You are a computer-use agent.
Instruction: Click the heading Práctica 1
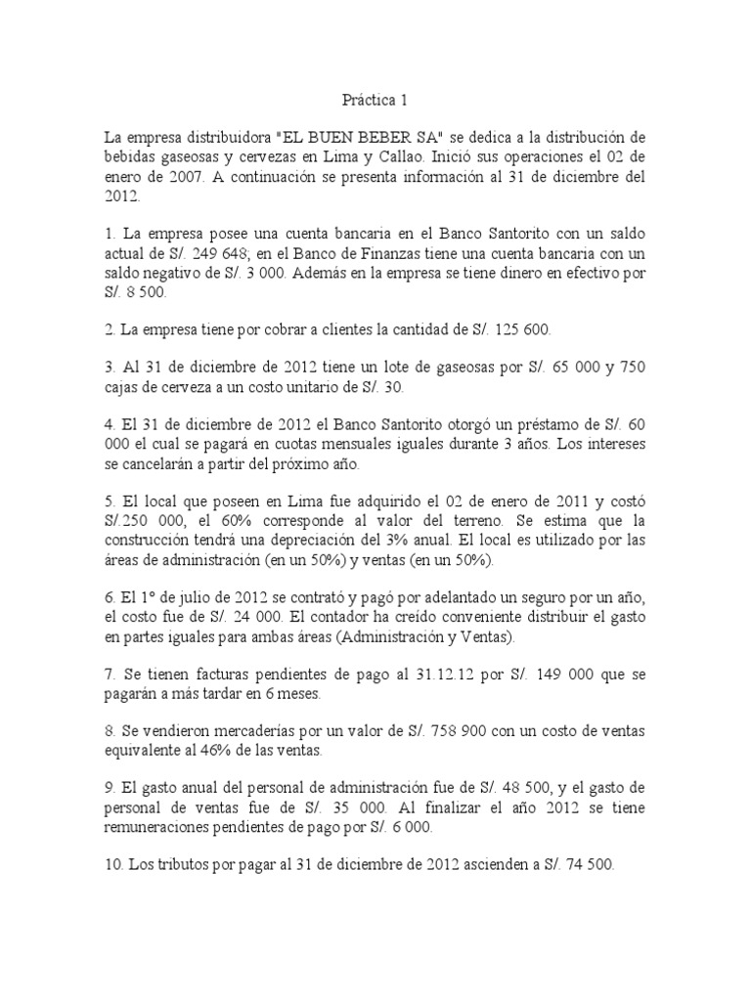click(x=375, y=99)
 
